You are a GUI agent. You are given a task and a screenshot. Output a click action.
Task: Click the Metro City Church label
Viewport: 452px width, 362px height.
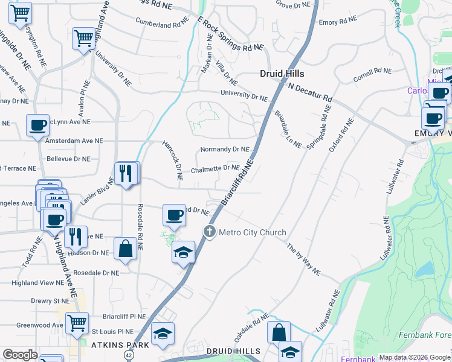coord(252,232)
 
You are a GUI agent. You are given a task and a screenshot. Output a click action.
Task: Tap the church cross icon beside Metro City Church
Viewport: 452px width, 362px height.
coord(210,232)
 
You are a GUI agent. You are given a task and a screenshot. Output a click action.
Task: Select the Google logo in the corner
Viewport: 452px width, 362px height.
coord(21,355)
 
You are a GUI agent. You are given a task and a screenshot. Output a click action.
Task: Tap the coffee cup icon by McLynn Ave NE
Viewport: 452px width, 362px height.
coord(38,125)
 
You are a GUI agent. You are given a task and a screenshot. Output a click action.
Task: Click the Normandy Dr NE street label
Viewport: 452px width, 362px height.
coord(224,149)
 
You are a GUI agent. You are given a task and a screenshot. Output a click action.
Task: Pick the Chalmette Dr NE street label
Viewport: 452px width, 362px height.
coord(215,170)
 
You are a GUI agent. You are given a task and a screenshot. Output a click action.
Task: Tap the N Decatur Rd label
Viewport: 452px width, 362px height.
coord(310,92)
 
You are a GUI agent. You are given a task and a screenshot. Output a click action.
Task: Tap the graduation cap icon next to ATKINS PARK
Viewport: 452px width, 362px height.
coord(163,334)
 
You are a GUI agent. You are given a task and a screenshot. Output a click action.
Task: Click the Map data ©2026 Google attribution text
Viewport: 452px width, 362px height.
coord(415,357)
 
